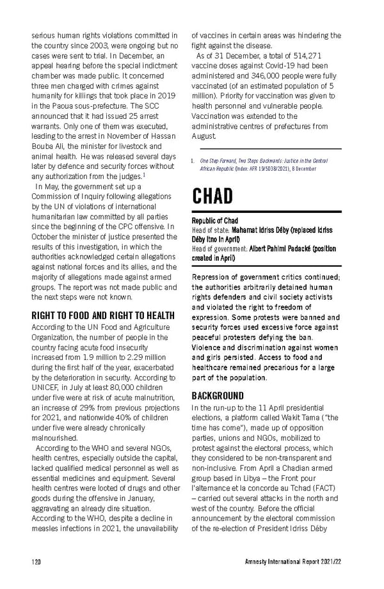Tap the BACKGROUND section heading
[221, 396]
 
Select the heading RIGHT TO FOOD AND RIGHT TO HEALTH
[102, 315]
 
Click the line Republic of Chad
[215, 221]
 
